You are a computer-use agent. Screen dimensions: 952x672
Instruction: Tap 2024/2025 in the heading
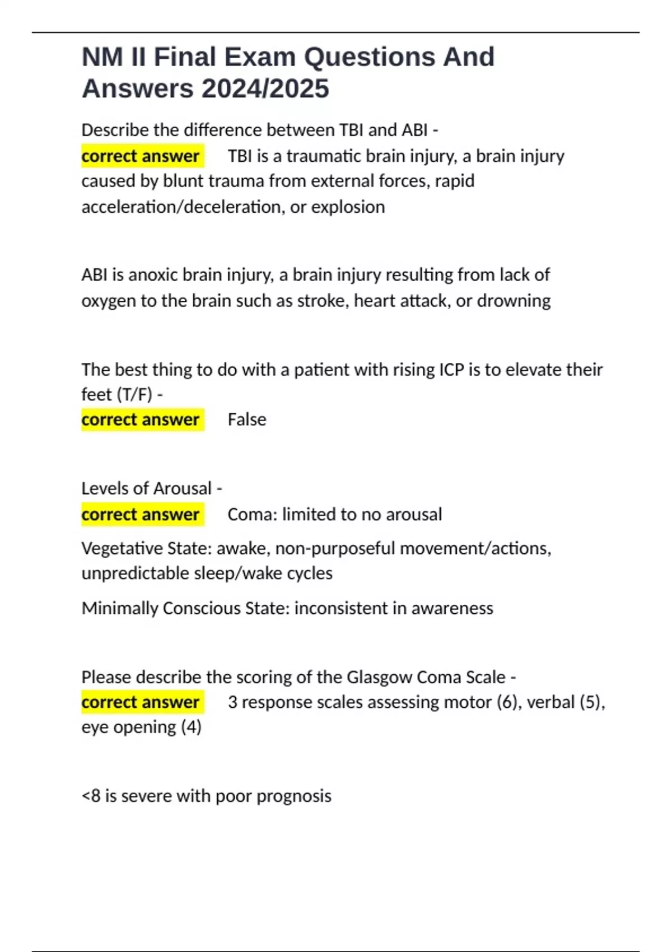[x=265, y=88]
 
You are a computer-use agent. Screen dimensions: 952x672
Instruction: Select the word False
[x=247, y=419]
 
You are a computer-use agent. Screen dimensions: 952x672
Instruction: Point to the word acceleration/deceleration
[x=183, y=207]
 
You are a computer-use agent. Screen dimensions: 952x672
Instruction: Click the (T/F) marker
[x=134, y=394]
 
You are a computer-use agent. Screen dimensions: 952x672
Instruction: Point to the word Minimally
[x=119, y=608]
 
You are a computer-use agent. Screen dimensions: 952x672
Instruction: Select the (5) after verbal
[x=591, y=702]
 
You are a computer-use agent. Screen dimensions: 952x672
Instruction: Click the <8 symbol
[x=91, y=796]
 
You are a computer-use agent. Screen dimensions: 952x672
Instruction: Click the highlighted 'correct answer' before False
[x=141, y=419]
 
